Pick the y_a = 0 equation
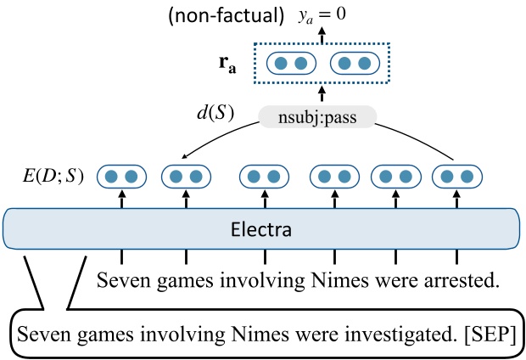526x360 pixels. click(320, 14)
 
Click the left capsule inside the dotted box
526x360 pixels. click(291, 63)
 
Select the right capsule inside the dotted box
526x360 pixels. click(354, 63)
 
